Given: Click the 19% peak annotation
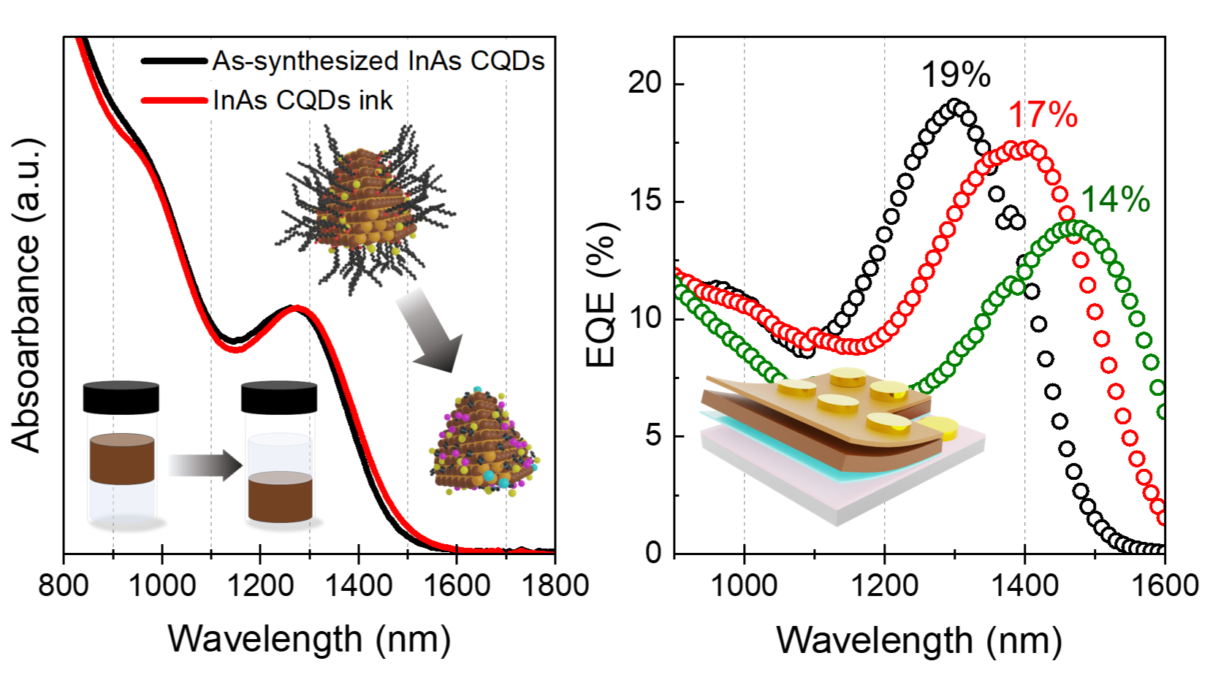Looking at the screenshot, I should tap(955, 75).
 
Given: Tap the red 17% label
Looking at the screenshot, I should tap(1043, 115).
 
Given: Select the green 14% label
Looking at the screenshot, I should tap(1115, 199).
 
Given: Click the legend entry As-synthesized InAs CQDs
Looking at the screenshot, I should tap(378, 61).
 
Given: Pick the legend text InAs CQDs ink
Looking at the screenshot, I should tap(302, 100).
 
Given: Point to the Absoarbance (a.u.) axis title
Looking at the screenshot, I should tap(27, 294).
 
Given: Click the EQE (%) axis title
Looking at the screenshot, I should tap(602, 294).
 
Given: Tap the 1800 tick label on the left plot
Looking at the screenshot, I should tap(555, 586).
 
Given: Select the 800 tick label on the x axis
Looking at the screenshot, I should tap(64, 586).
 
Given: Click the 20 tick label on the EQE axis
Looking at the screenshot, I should tap(644, 83).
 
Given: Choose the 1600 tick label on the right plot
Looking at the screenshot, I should tap(1165, 586).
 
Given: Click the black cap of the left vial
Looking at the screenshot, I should tap(121, 397).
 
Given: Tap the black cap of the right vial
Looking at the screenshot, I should tap(279, 397).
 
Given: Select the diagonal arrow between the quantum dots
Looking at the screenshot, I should tap(430, 329).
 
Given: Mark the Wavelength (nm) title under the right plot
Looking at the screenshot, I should tap(918, 641).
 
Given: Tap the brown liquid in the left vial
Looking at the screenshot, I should tap(122, 459).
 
